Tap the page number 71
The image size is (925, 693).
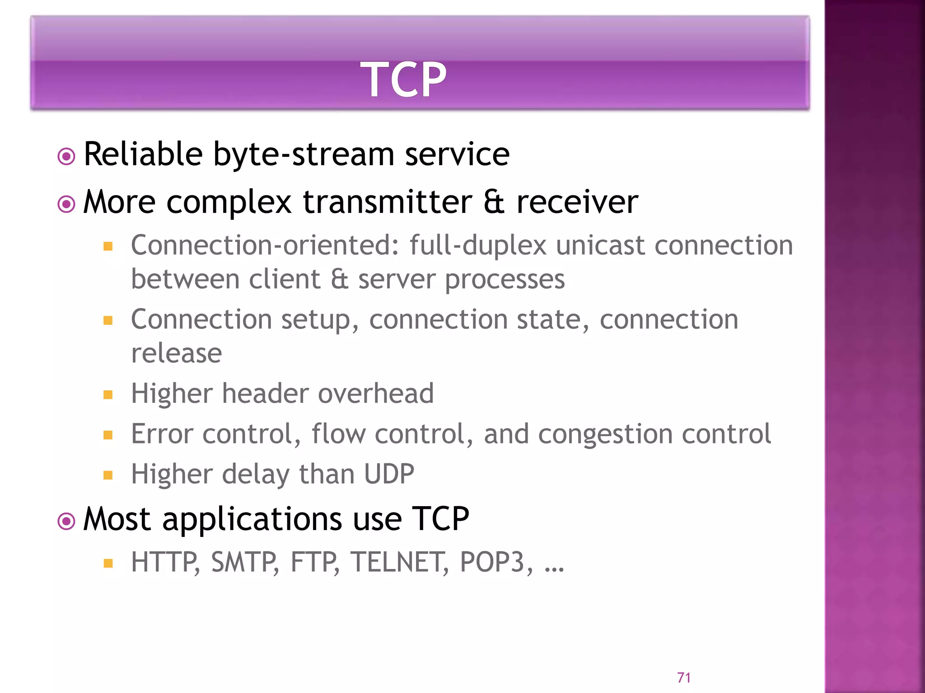point(684,677)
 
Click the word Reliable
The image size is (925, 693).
point(143,154)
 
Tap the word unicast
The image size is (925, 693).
point(600,245)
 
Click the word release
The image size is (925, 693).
point(176,353)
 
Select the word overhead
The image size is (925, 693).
point(376,393)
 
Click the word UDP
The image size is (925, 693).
point(389,474)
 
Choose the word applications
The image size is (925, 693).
point(252,520)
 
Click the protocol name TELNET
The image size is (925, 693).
point(399,562)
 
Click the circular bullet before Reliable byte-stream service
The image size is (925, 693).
point(66,157)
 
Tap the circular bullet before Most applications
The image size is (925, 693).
point(66,522)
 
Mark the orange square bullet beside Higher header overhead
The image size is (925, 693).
point(107,395)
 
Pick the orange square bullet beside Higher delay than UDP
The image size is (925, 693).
point(107,475)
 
